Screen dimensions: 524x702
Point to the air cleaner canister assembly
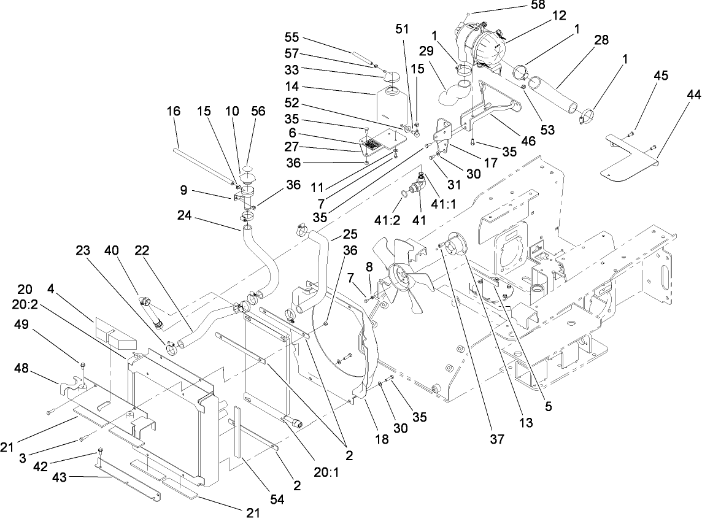(x=482, y=46)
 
